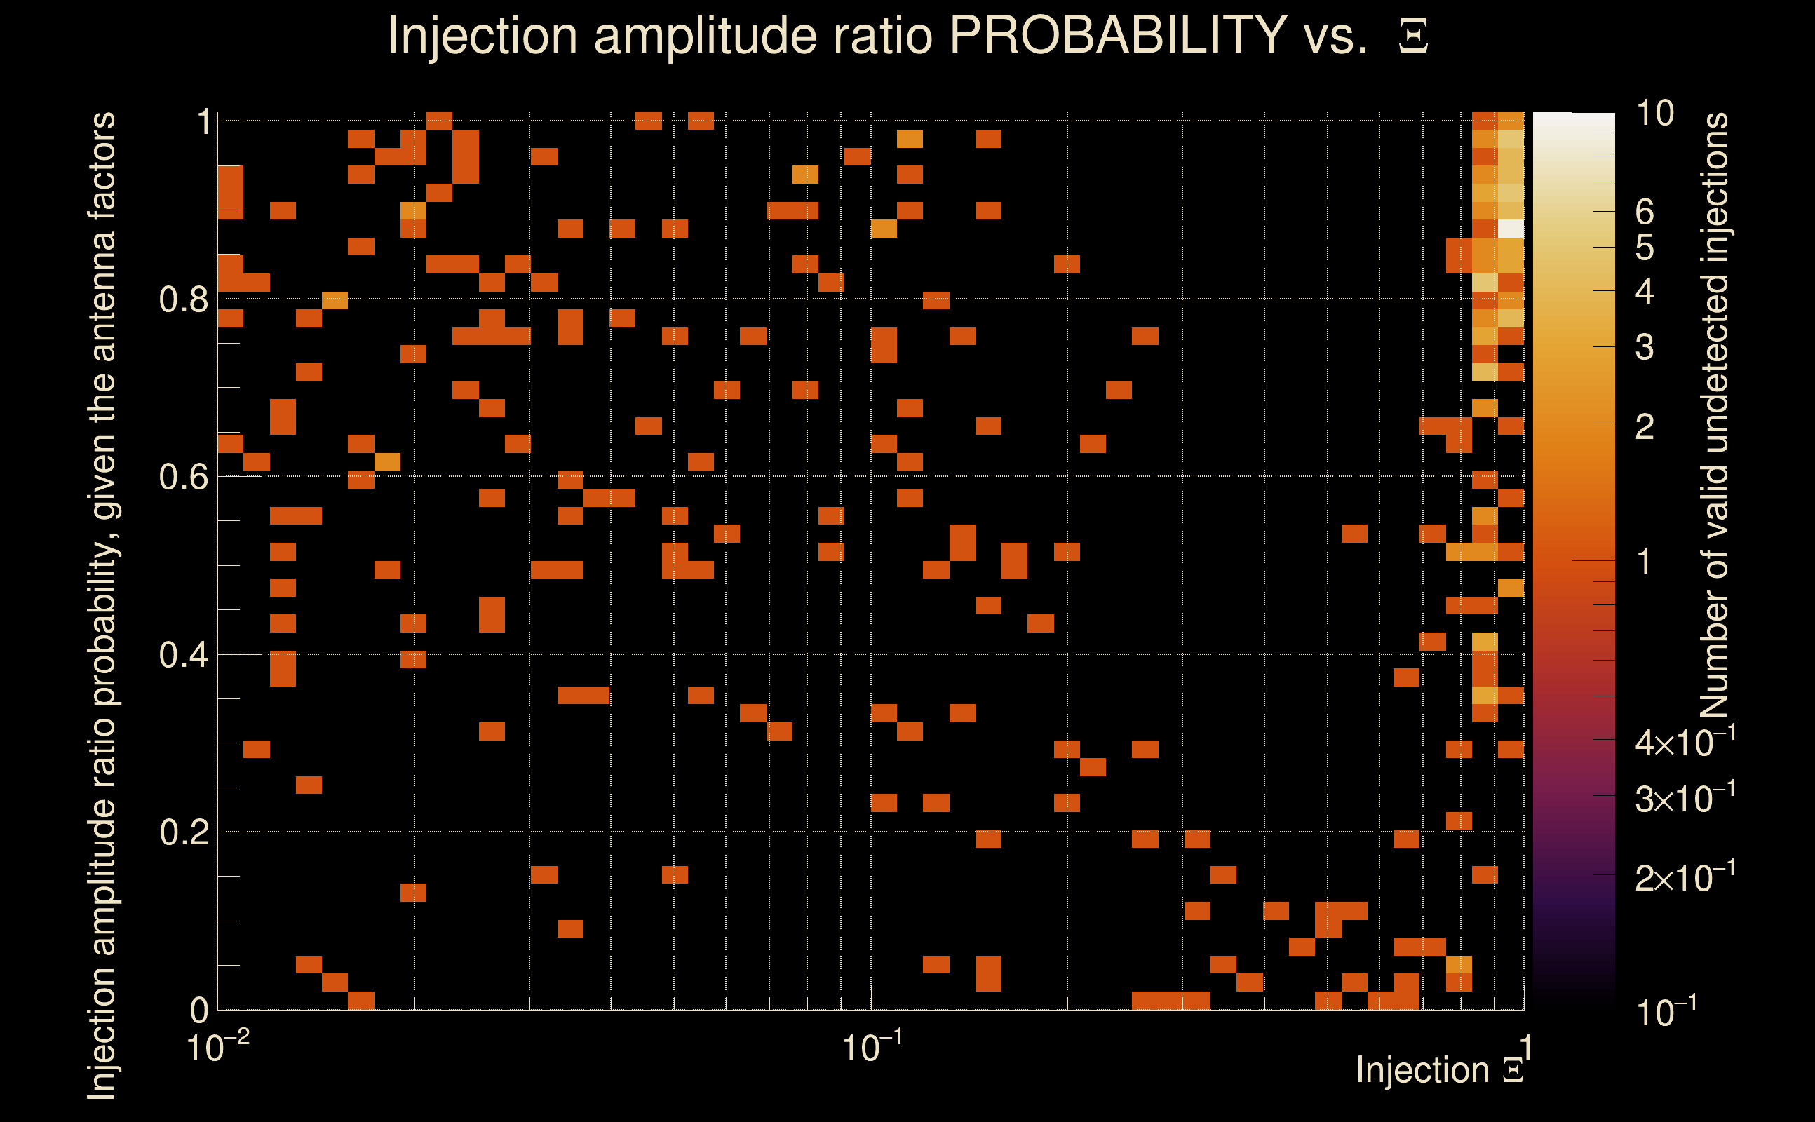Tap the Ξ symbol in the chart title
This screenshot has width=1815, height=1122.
tap(1413, 36)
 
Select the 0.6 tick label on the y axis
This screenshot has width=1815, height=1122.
tap(183, 477)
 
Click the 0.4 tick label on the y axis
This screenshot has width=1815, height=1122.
tap(183, 654)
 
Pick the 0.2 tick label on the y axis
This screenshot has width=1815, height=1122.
tap(183, 832)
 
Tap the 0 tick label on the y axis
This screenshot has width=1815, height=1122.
tap(199, 1011)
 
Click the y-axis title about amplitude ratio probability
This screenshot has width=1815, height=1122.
tap(102, 604)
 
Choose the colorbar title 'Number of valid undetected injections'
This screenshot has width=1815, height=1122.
tap(1714, 416)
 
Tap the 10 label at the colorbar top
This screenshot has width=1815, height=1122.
tap(1654, 114)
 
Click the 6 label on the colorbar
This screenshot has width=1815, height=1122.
tap(1645, 212)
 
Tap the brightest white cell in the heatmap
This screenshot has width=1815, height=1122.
tap(1511, 229)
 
